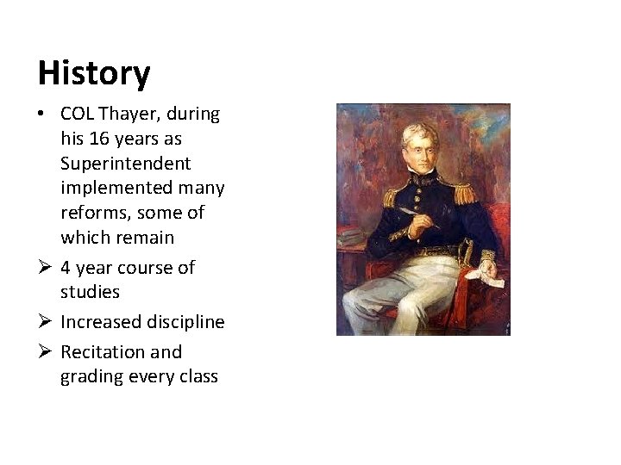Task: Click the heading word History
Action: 93,73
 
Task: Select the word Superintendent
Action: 126,163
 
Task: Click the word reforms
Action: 92,212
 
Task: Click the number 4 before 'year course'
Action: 66,268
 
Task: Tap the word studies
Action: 90,292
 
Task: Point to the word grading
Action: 91,376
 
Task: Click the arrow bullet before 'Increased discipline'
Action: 45,322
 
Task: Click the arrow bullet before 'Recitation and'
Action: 45,351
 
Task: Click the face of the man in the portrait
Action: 426,153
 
